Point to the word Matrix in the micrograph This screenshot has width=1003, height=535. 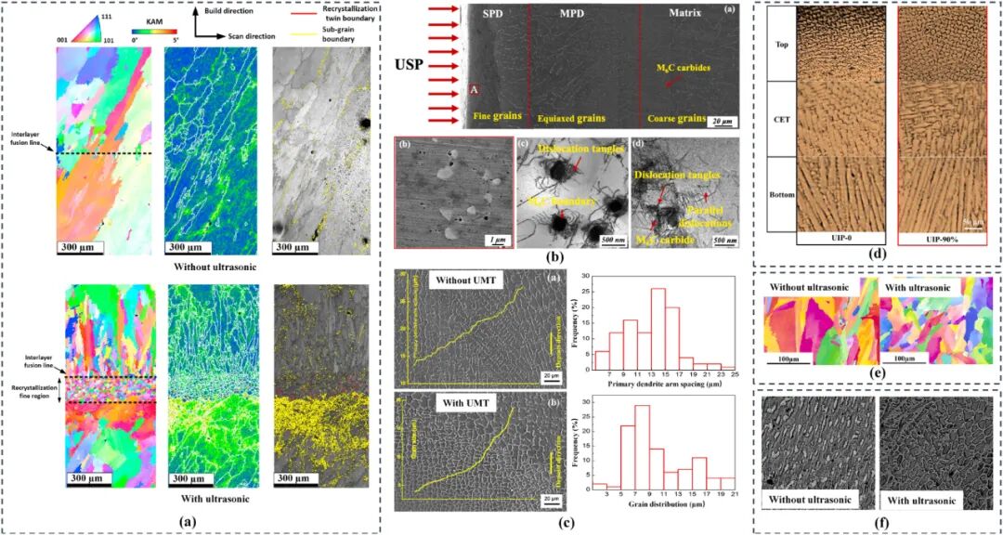[685, 15]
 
